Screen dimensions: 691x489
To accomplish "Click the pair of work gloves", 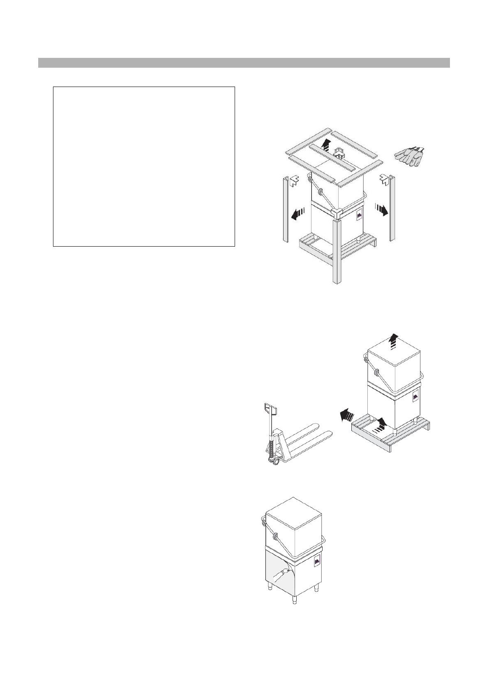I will (x=409, y=155).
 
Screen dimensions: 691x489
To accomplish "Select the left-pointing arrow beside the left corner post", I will (x=298, y=214).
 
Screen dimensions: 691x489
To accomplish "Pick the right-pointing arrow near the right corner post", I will (x=381, y=210).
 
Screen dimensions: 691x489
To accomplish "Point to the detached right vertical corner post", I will (x=392, y=209).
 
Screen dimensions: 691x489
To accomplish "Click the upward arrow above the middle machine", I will (x=394, y=341).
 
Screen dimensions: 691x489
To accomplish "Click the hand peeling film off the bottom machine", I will (x=284, y=574).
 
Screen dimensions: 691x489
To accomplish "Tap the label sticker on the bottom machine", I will (x=317, y=563).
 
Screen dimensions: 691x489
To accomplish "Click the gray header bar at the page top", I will (x=244, y=62).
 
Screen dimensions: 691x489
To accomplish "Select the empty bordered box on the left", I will (x=144, y=166).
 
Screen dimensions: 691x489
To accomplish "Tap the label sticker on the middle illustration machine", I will (x=415, y=398).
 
